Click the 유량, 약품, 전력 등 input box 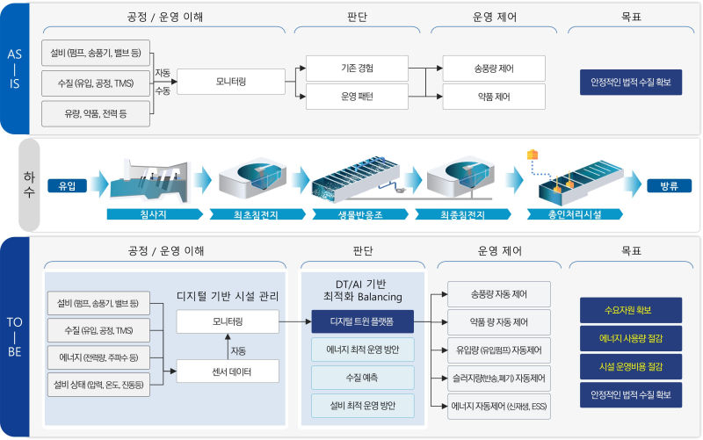(x=96, y=112)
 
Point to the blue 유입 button (x=68, y=185)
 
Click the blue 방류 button (x=669, y=185)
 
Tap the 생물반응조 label (x=358, y=213)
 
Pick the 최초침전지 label (x=254, y=213)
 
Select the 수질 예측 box (x=362, y=378)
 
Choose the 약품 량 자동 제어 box (x=499, y=321)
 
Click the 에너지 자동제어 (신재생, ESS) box (x=499, y=406)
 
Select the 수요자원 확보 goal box (x=630, y=310)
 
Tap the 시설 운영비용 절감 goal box (x=630, y=366)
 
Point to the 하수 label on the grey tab (x=29, y=185)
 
